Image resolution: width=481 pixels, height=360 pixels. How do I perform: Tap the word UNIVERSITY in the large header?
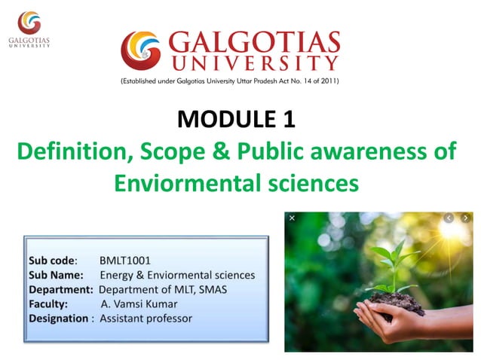coord(254,63)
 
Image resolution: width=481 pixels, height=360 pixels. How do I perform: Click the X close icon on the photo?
coord(292,218)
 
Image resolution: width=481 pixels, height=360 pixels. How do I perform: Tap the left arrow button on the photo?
coord(449,218)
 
